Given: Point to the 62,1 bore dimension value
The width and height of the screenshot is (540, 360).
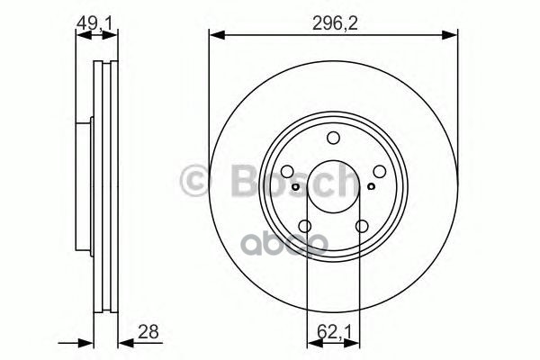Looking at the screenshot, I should [x=334, y=332].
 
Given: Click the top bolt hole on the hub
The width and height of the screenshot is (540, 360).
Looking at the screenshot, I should [x=334, y=138].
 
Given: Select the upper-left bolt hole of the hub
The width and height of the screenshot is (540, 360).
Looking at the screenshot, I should [x=287, y=172].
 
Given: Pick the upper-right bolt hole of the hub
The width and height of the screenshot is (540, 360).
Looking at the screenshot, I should [x=380, y=172].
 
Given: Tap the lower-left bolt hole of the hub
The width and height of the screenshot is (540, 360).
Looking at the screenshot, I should [x=305, y=227].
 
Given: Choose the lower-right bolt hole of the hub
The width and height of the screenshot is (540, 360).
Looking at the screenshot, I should [x=362, y=227].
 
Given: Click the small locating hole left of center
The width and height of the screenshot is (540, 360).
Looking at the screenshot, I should [x=296, y=188].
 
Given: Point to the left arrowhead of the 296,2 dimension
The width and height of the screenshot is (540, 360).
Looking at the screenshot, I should [x=215, y=36].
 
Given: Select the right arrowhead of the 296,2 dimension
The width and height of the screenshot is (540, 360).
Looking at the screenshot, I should [x=452, y=36].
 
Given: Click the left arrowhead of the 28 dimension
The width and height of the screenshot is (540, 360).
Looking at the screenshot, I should [x=88, y=342].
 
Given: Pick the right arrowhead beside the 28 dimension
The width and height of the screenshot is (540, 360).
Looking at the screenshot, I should [x=122, y=342].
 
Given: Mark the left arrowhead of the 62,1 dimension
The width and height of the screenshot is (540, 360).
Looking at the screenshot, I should [x=312, y=342].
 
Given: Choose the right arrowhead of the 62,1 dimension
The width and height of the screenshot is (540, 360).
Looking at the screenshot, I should [x=355, y=342].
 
